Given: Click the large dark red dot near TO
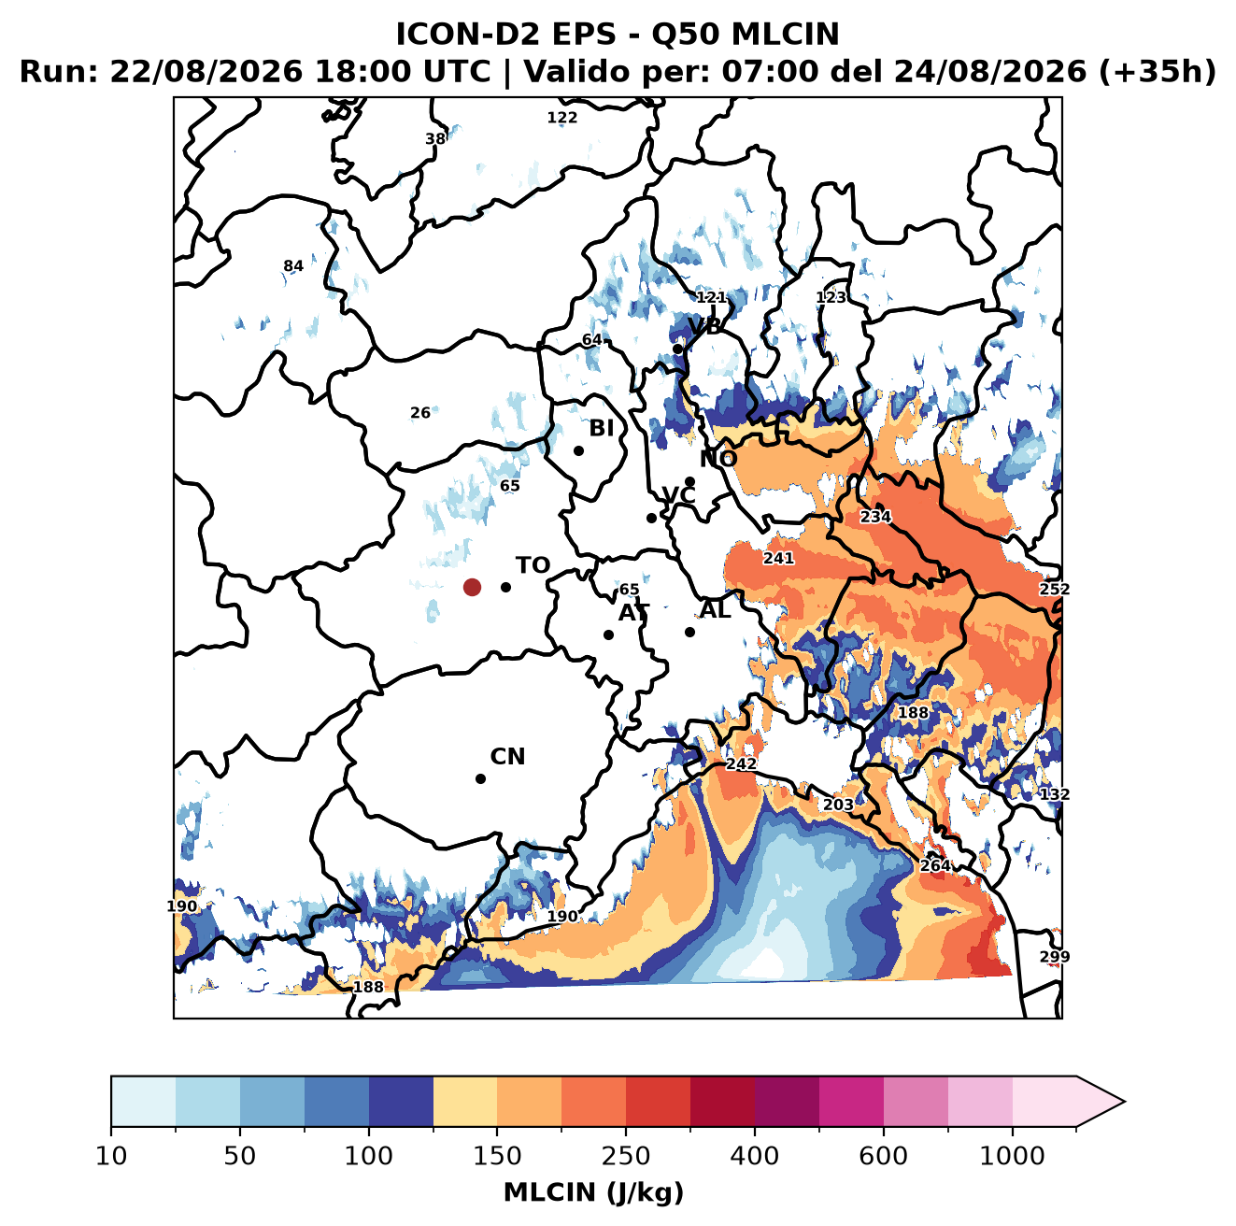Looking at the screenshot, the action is [472, 587].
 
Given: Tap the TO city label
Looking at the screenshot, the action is [533, 565].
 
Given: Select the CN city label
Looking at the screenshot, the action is [507, 757].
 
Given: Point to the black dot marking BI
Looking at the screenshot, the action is [578, 450].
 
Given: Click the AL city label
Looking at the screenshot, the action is [716, 609].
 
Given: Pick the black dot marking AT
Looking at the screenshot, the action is [608, 634].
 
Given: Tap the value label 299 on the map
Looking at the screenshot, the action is [1054, 957].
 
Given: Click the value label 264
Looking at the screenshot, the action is [934, 865].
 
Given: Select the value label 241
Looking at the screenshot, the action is [778, 558].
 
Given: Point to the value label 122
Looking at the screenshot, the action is [561, 118].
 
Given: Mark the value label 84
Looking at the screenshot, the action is [293, 265].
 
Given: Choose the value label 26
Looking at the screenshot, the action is [420, 412].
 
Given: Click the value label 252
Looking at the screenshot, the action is [1054, 589].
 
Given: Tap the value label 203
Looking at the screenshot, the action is [838, 805].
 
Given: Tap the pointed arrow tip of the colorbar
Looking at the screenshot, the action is [1124, 1102].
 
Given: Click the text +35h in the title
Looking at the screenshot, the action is [1157, 72].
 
